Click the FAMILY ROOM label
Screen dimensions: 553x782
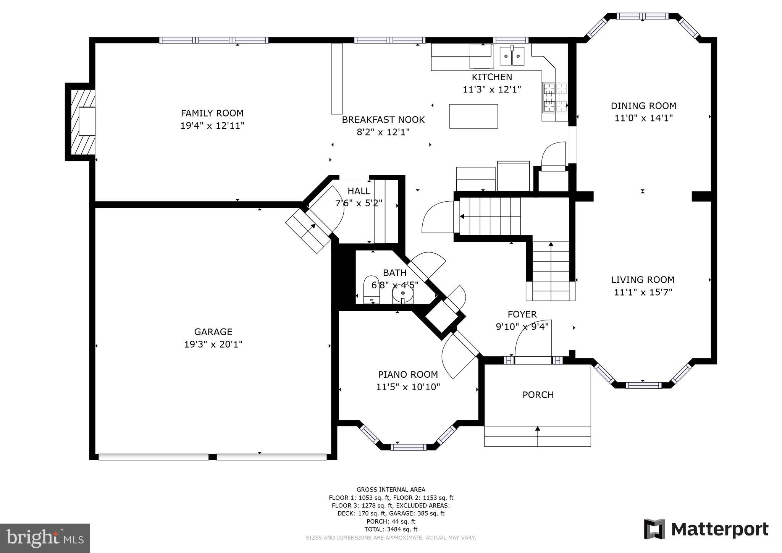pos(212,113)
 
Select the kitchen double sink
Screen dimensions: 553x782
pos(512,57)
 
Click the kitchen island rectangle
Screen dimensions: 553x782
pos(473,116)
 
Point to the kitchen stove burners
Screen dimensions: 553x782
pos(549,97)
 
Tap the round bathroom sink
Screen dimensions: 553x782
pos(403,294)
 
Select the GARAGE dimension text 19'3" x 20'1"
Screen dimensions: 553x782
pos(213,344)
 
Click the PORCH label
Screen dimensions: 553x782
pos(538,395)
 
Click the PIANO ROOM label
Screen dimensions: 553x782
pos(408,375)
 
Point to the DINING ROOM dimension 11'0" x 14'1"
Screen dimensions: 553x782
pos(643,118)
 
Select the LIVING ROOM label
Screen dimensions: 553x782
pos(643,280)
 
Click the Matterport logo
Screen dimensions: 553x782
pos(706,529)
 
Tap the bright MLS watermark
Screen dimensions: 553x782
pos(45,538)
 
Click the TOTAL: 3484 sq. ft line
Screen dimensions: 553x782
pos(391,529)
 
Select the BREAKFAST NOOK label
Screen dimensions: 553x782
pos(383,120)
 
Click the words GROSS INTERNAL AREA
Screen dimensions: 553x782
pos(391,490)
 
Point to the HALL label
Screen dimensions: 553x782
pos(359,191)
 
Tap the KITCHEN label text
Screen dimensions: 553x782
pos(492,77)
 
